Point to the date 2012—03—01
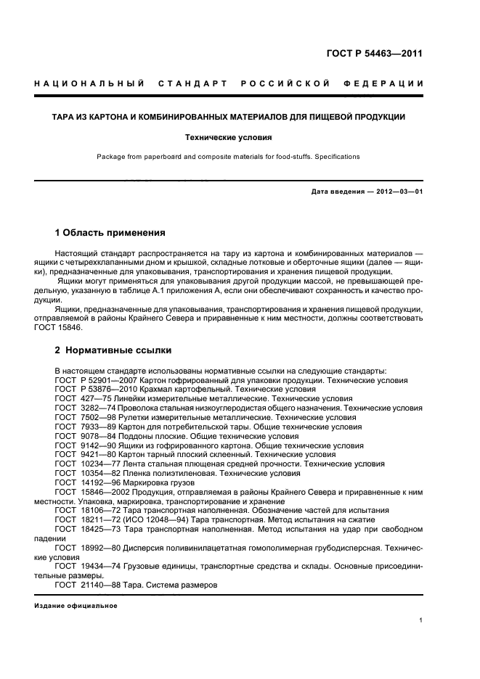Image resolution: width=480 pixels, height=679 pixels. pos(394,191)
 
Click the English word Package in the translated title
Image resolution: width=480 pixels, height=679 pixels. pos(110,157)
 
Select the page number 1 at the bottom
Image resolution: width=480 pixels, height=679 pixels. pos(421,620)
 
